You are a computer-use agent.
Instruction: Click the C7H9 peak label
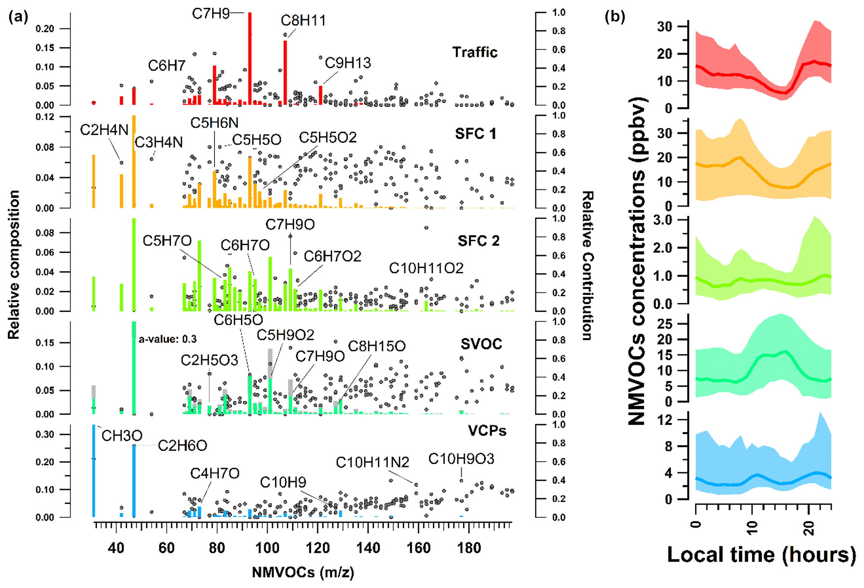(211, 14)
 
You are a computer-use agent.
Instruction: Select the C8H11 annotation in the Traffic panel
(303, 21)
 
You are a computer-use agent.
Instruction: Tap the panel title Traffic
(475, 52)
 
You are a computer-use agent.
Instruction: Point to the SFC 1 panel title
(476, 134)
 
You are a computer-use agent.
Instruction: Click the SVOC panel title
(481, 344)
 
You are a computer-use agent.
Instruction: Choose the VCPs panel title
(487, 431)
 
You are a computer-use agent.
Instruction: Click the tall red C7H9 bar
(250, 59)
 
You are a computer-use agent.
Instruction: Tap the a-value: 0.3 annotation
(168, 339)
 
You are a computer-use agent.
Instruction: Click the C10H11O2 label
(426, 268)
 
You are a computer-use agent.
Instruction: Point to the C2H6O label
(182, 446)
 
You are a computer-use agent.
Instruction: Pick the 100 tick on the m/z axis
(267, 548)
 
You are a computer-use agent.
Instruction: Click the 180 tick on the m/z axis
(469, 548)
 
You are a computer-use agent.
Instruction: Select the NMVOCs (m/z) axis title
(303, 572)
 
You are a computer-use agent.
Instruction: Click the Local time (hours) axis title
(761, 555)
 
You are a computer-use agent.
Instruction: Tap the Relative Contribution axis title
(588, 266)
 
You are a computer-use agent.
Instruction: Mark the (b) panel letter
(615, 17)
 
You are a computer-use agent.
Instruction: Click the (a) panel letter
(18, 17)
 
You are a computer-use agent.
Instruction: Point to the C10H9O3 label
(461, 459)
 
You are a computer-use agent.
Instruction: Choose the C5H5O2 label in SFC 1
(328, 138)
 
